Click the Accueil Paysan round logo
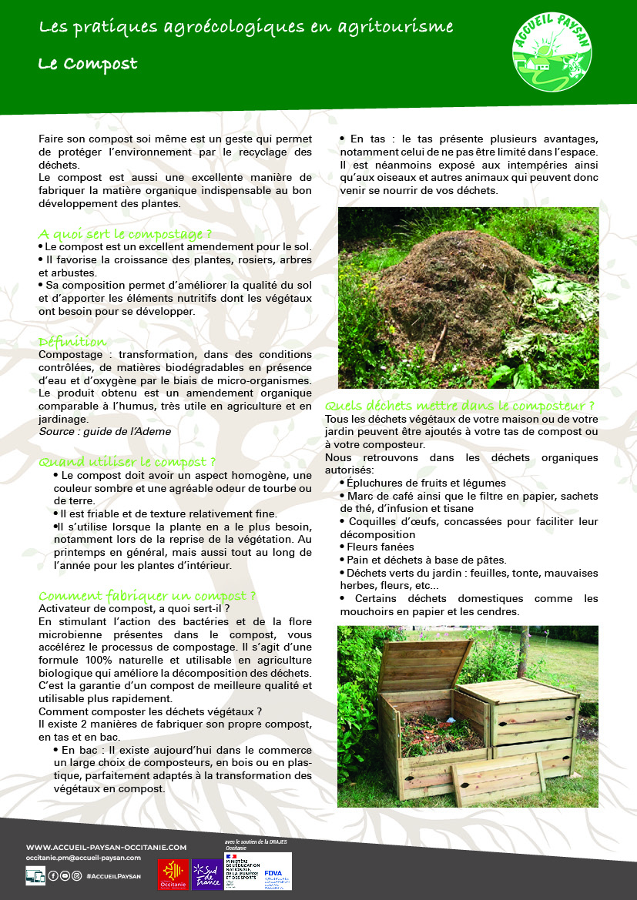(x=552, y=55)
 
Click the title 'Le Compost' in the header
(x=88, y=64)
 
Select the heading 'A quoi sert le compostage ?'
(x=125, y=233)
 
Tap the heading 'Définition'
(x=73, y=341)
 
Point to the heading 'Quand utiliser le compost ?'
(x=122, y=462)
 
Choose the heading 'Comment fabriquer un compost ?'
(x=147, y=595)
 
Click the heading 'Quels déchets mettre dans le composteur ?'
(x=460, y=405)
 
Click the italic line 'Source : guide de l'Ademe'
(x=105, y=432)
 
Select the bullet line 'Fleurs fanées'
(x=380, y=547)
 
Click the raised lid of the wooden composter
(x=424, y=664)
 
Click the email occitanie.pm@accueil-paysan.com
(x=83, y=857)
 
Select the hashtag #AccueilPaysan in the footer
(x=114, y=875)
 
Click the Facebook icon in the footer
(x=53, y=875)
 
